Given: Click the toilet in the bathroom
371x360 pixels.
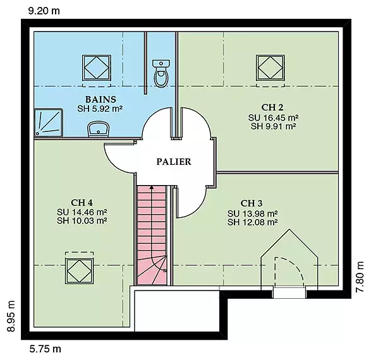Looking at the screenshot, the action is pos(161,73).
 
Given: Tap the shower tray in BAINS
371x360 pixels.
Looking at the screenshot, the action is pos(49,123).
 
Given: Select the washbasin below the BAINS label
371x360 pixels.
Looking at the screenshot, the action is pos(99,129).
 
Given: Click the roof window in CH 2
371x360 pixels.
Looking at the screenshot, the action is pos(271,68).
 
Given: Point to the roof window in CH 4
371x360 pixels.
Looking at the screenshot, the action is pos(79,271).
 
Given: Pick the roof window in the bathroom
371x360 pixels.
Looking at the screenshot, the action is pos(97,68).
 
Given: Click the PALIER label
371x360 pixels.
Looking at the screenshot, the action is pos(174,162).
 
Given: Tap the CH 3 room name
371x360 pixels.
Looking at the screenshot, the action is pos(252,203).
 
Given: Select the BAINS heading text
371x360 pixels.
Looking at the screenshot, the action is pos(100,99).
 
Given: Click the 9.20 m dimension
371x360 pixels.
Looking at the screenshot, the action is pos(44,11).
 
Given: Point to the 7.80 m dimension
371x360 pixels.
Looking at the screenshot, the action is pos(360,277).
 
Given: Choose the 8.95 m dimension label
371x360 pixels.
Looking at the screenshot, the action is pos(11,316).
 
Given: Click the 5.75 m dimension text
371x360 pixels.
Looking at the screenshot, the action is pos(46,349).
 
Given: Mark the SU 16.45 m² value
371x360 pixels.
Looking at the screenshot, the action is pos(273,117).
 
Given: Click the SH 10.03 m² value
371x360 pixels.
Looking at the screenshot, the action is pos(82,221).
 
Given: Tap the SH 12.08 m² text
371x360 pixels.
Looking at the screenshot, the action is pos(253,222).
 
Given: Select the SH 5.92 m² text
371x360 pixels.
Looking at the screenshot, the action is pos(100,109).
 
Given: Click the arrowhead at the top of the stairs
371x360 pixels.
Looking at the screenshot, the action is pos(152,188).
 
